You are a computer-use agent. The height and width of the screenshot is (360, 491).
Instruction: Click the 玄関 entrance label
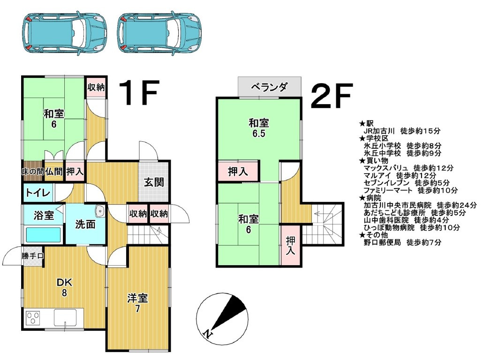point(154,182)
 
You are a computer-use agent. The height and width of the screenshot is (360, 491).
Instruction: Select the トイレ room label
point(38,192)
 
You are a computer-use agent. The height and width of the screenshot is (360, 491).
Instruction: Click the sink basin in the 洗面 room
point(99,211)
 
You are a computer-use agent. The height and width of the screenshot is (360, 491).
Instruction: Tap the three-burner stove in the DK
point(33,318)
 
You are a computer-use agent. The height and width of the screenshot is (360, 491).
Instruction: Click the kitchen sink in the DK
point(65,318)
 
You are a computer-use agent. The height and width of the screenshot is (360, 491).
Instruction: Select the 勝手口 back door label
point(32,256)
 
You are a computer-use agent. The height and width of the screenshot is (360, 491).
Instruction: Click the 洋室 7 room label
point(137,303)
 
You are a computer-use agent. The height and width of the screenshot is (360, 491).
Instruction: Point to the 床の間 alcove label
point(32,172)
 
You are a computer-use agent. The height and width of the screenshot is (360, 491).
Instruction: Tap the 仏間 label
point(54,171)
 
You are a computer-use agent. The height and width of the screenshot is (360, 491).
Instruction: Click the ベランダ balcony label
point(269,87)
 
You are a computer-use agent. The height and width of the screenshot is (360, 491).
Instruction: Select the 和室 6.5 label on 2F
point(259,128)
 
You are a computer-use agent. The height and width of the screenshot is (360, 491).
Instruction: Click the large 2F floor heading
point(331,96)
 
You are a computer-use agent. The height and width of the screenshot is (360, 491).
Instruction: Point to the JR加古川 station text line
point(402,131)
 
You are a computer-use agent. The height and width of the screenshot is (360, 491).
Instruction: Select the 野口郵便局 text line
point(402,242)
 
